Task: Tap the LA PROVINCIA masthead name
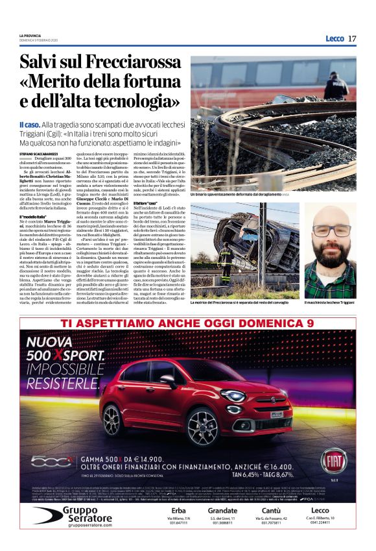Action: click(x=31, y=35)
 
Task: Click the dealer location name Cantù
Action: click(x=270, y=511)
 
